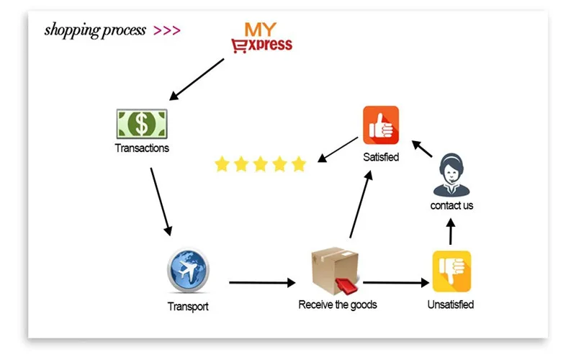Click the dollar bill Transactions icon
(142, 124)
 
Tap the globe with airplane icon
(188, 271)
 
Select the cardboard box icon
(335, 271)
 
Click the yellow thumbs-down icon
(451, 271)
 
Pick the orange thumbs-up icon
(381, 125)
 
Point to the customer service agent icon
(451, 175)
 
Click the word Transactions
(142, 148)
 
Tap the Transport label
(188, 307)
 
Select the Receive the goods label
(338, 305)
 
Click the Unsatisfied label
(451, 305)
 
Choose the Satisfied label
(381, 157)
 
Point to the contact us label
(451, 205)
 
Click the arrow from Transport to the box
(262, 282)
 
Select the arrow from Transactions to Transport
(161, 202)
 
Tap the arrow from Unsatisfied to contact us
(451, 231)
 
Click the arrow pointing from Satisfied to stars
(338, 150)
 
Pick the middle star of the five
(261, 164)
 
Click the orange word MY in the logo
(260, 30)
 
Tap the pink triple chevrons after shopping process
(167, 30)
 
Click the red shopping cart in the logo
(239, 46)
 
